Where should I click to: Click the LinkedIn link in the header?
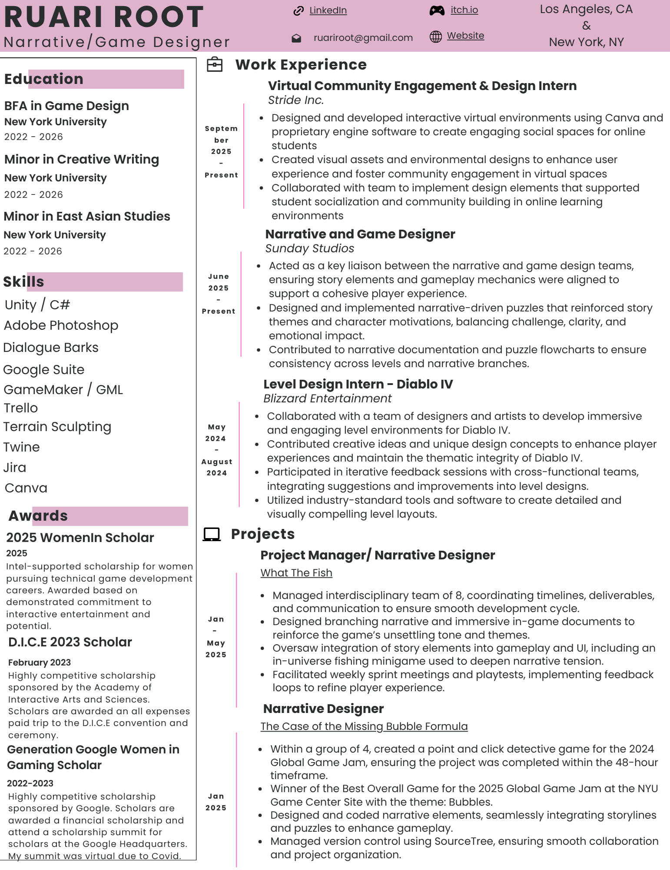[x=328, y=10]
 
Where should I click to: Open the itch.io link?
[x=464, y=10]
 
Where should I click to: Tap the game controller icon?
[x=437, y=11]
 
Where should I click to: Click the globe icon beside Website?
[x=435, y=37]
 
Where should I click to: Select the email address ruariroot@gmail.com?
[x=363, y=38]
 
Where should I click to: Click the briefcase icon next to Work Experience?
[x=215, y=65]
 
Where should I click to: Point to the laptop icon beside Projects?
[x=212, y=534]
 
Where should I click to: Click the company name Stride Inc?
[x=295, y=100]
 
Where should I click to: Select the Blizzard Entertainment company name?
[x=327, y=398]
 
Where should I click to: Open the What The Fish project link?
[x=296, y=573]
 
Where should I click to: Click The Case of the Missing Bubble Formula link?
[x=364, y=726]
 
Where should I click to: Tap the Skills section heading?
[x=24, y=282]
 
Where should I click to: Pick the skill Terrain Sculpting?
[x=57, y=427]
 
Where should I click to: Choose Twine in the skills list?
[x=22, y=447]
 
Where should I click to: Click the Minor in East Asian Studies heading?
[x=87, y=216]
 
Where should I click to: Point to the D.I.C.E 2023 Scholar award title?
[x=70, y=642]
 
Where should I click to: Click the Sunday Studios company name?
[x=309, y=248]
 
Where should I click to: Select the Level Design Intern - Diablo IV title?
[x=358, y=384]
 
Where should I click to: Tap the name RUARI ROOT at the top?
[x=104, y=17]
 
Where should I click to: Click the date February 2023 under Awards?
[x=40, y=663]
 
